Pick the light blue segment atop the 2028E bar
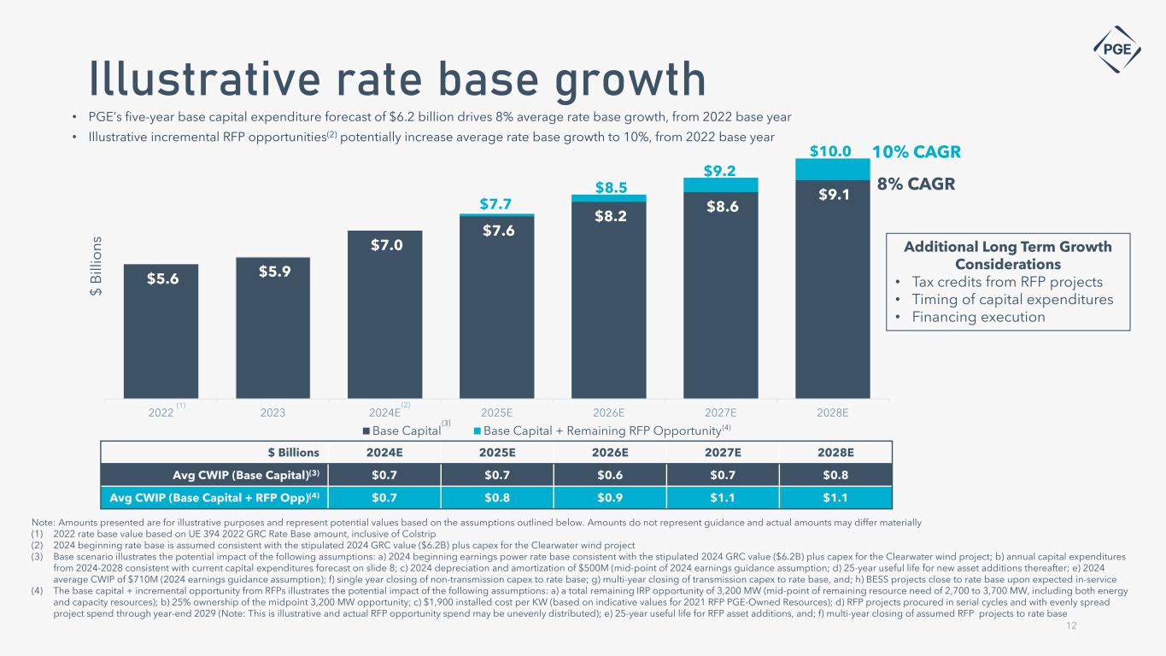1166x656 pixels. pos(832,170)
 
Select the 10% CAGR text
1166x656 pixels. pos(916,152)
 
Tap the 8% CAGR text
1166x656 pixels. pos(916,184)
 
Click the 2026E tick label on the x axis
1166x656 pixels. pos(609,412)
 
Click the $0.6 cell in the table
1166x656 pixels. pos(609,474)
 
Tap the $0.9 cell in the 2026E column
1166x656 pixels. pos(609,496)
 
